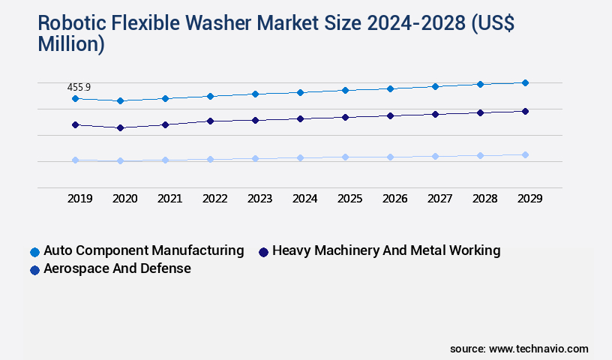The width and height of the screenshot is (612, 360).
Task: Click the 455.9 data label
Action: pos(79,88)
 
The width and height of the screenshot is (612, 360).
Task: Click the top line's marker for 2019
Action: pos(75,98)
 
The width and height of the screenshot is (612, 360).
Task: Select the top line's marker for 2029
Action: pos(525,82)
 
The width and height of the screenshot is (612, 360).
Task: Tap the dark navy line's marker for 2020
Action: pos(120,127)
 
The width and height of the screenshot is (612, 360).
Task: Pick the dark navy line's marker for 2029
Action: pos(525,111)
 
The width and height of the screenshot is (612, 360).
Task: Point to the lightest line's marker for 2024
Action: pos(300,157)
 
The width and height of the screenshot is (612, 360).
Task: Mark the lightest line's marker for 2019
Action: pos(75,160)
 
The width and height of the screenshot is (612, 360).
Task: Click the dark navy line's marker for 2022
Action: pos(210,121)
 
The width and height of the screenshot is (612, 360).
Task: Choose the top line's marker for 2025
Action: pos(345,90)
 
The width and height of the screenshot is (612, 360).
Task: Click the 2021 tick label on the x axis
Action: pos(169,199)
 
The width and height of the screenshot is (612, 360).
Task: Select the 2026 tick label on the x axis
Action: pos(394,199)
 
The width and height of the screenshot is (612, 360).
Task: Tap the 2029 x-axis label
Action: pos(529,199)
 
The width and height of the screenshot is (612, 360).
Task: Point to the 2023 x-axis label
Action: pos(259,199)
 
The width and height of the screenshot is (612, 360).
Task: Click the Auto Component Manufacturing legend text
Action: pos(143,250)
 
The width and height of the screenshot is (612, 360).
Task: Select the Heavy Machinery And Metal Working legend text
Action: pos(386,250)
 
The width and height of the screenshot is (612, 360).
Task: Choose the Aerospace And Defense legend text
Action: pos(117,268)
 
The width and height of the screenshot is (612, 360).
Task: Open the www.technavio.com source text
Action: pos(538,349)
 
